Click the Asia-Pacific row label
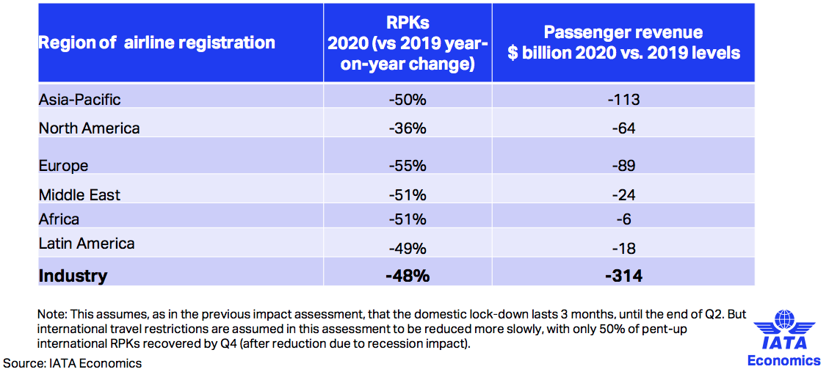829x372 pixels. point(79,99)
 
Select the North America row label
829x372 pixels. point(89,128)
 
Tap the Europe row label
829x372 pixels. point(63,166)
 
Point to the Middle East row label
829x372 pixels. point(79,195)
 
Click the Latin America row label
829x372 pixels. point(87,244)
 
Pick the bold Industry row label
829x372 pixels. point(73,276)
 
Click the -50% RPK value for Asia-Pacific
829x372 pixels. point(408,99)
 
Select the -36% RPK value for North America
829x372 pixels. point(408,128)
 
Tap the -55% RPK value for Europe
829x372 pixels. point(408,166)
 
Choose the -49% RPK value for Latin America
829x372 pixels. point(408,249)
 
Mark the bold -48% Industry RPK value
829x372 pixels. point(408,276)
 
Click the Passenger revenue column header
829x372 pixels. point(623,43)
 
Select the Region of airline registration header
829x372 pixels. point(156,43)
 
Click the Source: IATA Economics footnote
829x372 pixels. point(73,362)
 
